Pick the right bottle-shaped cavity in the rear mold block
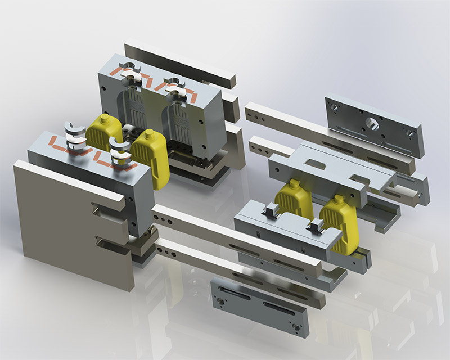point(179,118)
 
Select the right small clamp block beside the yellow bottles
point(314,226)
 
